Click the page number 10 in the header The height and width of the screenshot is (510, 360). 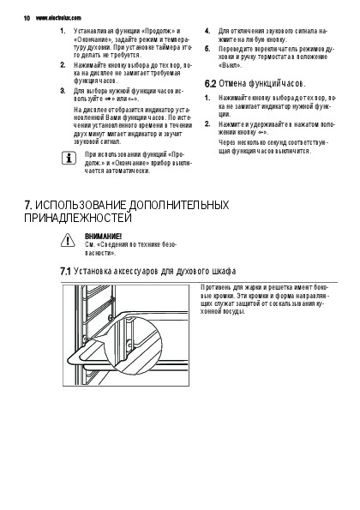[27, 18]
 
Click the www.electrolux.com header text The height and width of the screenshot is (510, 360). [58, 18]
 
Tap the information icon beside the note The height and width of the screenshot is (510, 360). [69, 158]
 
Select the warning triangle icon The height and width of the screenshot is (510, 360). [68, 240]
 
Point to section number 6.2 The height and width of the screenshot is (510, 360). [210, 84]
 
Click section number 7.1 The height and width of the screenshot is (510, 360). [65, 271]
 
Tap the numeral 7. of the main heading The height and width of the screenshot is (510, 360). [28, 205]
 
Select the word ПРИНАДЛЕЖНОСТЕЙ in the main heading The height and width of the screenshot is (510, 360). [78, 218]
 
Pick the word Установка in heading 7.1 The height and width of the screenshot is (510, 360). [92, 271]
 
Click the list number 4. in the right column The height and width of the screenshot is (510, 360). [207, 31]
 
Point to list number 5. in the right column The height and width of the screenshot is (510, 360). [207, 49]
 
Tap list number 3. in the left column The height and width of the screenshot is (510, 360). [63, 91]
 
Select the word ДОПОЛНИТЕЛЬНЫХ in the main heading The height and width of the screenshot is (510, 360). [179, 205]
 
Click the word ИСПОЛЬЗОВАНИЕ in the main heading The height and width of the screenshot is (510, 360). [81, 205]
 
